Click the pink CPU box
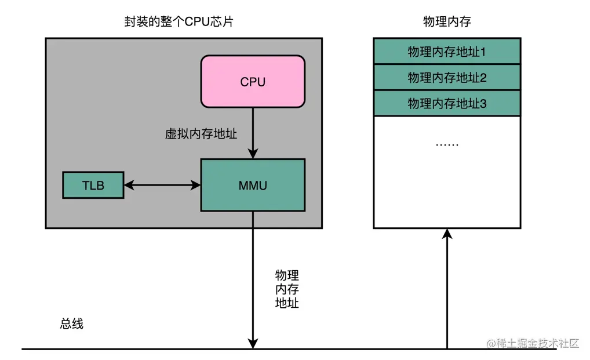point(253,81)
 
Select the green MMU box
point(253,185)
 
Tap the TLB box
point(93,185)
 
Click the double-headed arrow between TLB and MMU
point(162,185)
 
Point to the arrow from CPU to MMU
point(253,133)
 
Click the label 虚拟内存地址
point(201,134)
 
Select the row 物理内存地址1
point(447,52)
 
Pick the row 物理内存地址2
point(447,77)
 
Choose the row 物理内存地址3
point(447,103)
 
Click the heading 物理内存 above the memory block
point(447,22)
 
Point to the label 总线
point(72,323)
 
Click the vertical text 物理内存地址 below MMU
point(287,289)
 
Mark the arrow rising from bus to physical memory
point(447,290)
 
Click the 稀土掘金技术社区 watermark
point(533,343)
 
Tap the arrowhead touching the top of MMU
point(253,154)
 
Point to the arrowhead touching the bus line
point(253,344)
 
